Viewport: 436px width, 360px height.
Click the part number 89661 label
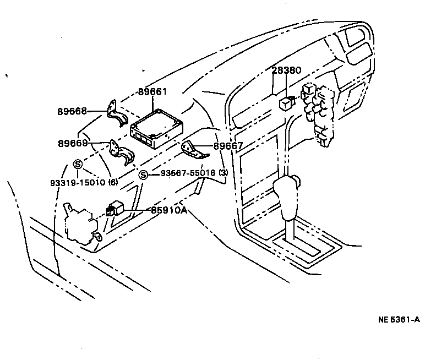[152, 92]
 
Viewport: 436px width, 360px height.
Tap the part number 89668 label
[72, 111]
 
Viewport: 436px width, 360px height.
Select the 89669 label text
[72, 143]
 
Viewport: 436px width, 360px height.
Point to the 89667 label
[228, 146]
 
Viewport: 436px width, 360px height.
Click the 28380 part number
[286, 71]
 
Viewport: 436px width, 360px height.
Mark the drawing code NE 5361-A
[399, 320]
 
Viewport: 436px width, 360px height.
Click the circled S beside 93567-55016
[143, 174]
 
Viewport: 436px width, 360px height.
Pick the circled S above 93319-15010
[78, 163]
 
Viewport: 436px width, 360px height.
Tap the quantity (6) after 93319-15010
[113, 182]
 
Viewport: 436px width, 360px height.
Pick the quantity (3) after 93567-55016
[223, 173]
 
